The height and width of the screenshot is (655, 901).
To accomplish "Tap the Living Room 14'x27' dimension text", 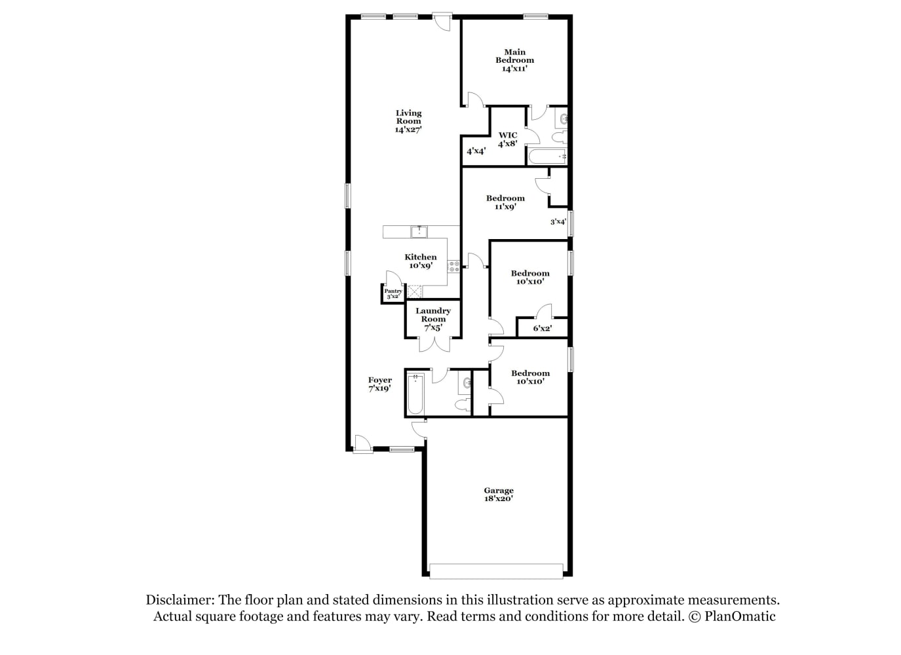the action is point(408,130).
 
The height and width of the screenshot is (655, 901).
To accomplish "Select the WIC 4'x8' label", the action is point(508,139).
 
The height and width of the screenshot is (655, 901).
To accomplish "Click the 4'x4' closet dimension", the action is point(476,151).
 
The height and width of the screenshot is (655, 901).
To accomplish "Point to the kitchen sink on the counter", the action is point(419,232).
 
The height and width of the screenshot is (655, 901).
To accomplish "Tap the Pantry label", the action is point(393,291).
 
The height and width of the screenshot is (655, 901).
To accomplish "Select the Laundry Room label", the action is point(432,315).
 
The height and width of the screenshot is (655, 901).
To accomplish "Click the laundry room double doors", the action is point(434,344).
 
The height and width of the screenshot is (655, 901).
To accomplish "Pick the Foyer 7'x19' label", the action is point(379,384).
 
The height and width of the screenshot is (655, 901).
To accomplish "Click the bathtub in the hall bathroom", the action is point(415,394).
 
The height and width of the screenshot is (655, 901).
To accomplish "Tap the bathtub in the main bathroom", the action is point(547,157).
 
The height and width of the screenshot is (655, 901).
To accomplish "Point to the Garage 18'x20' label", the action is point(499,494).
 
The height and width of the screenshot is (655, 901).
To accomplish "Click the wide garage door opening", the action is point(496,571).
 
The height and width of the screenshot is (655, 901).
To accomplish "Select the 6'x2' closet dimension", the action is point(542,328).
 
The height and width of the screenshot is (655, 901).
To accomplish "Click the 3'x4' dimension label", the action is point(558,221).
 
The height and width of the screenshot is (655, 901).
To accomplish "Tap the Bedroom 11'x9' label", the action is point(505,202).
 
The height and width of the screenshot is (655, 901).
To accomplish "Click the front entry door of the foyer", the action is point(363,445).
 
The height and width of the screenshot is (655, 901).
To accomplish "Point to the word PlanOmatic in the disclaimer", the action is point(740,616).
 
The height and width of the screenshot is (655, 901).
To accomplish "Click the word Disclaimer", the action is point(180,600).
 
